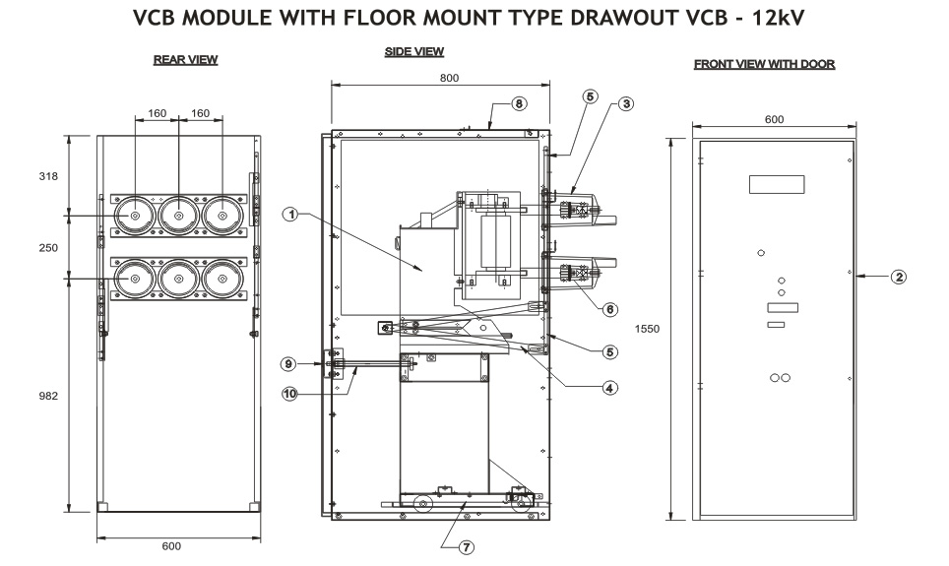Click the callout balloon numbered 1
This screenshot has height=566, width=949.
pyautogui.click(x=290, y=212)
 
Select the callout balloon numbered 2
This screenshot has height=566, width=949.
pyautogui.click(x=898, y=278)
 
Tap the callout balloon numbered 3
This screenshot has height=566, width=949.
pyautogui.click(x=625, y=102)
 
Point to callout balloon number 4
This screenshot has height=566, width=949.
pyautogui.click(x=610, y=388)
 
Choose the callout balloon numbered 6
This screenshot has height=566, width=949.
pyautogui.click(x=609, y=309)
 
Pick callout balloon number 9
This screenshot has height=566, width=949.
pyautogui.click(x=288, y=363)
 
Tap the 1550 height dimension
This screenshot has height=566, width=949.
pyautogui.click(x=648, y=329)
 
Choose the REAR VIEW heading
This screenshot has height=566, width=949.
pyautogui.click(x=185, y=60)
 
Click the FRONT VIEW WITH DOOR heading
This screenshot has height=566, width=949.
pyautogui.click(x=764, y=64)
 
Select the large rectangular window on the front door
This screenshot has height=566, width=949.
pyautogui.click(x=777, y=184)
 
